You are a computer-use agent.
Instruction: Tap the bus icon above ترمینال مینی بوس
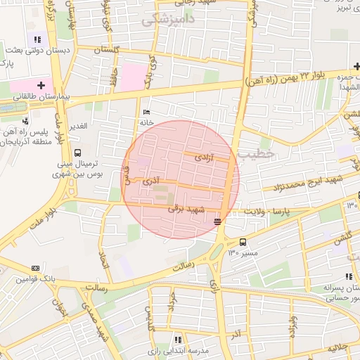click(x=77, y=153)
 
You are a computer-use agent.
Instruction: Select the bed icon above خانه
click(x=146, y=112)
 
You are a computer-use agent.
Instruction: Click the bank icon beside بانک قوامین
click(x=36, y=268)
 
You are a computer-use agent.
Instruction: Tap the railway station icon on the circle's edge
click(x=217, y=221)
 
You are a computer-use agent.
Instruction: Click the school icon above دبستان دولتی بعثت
click(x=37, y=39)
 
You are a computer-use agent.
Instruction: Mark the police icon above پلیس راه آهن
click(x=25, y=121)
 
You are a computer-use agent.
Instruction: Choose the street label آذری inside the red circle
click(x=151, y=181)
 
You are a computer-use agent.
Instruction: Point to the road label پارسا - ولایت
click(x=266, y=210)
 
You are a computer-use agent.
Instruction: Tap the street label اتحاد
click(x=106, y=251)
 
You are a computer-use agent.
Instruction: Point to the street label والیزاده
click(x=292, y=326)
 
